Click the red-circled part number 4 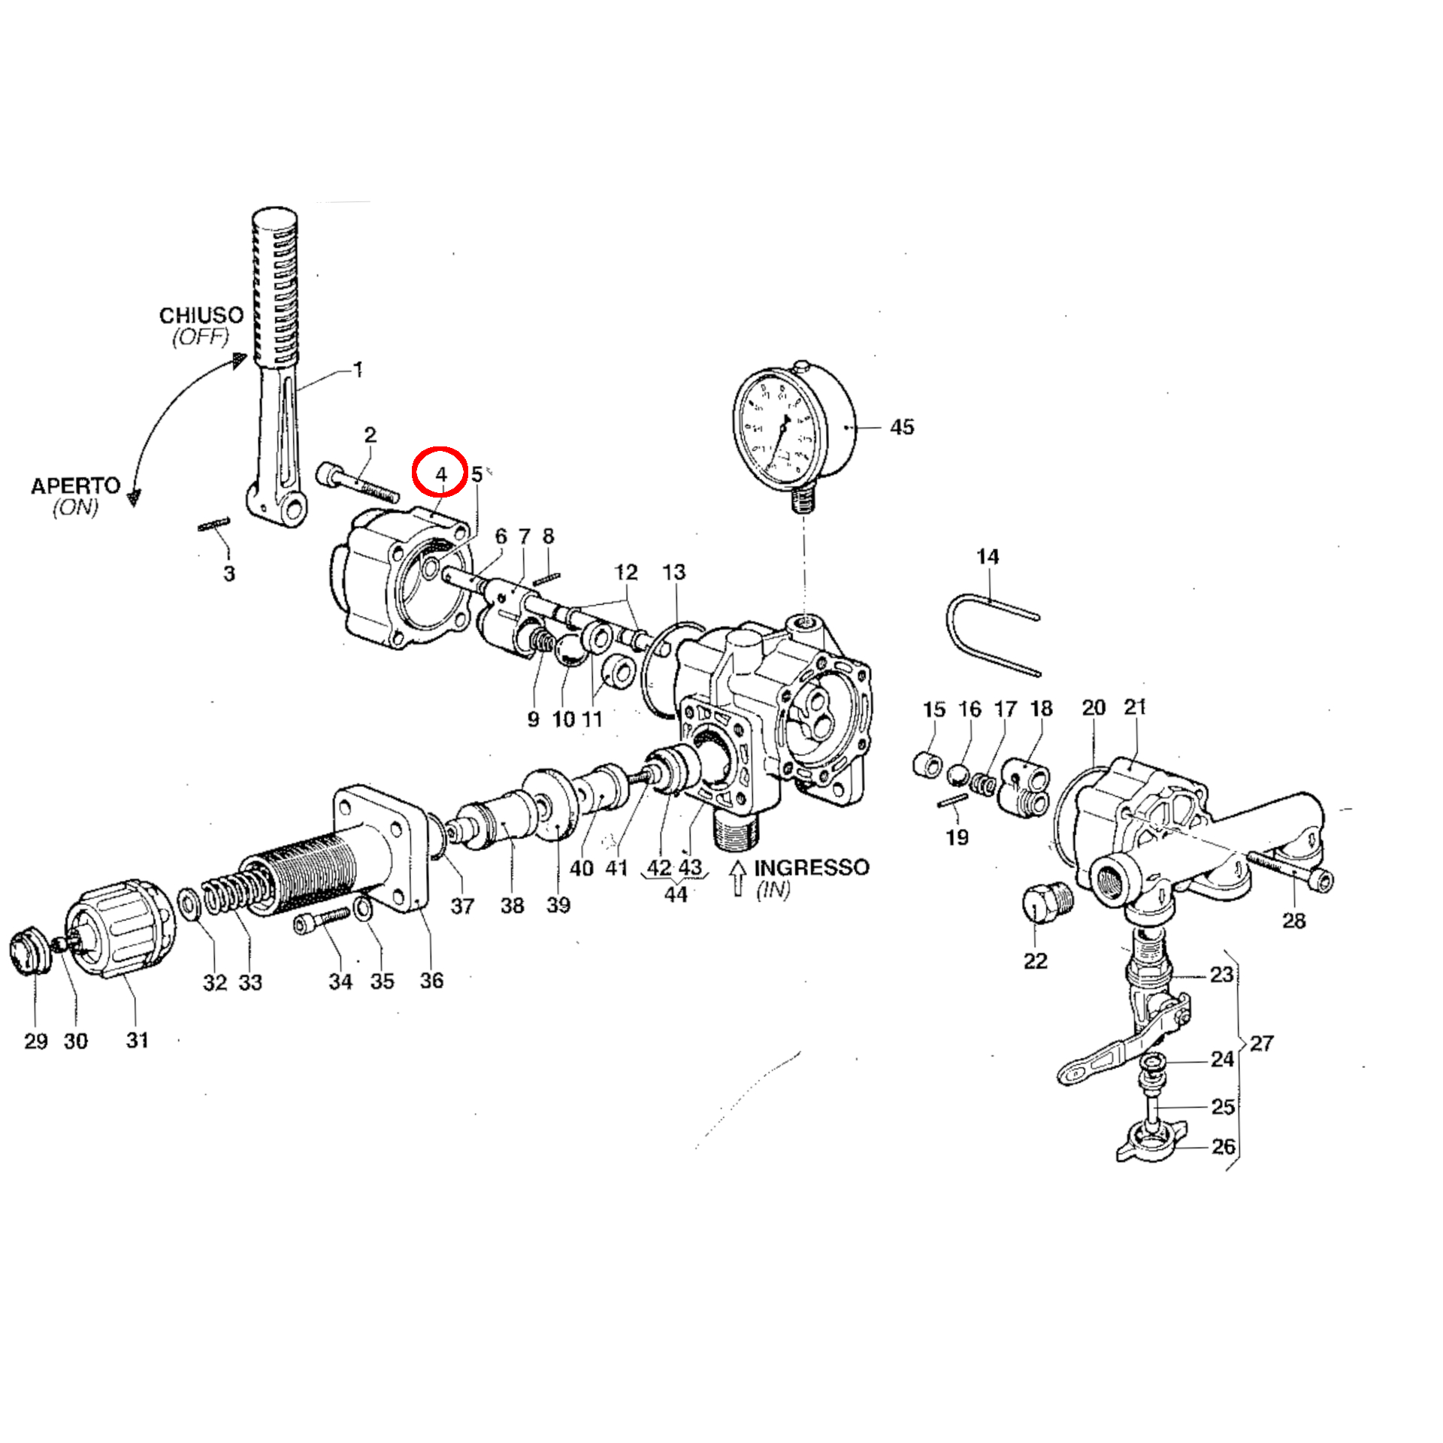pos(441,474)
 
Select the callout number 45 pos(902,427)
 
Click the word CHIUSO pos(201,315)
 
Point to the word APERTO pos(75,486)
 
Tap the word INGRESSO pos(812,867)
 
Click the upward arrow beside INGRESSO pos(738,878)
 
